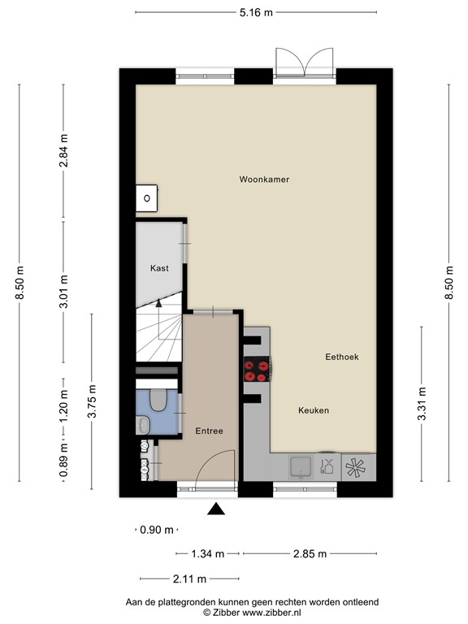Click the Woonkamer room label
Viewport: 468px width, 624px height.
[x=264, y=179]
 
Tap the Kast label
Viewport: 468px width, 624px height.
[x=159, y=268]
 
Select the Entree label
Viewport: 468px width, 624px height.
[x=209, y=431]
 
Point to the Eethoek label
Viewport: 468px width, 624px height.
[x=341, y=357]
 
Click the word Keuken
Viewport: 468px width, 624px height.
[x=313, y=411]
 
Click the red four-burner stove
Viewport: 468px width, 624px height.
[x=257, y=370]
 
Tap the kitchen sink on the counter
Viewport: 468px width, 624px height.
[x=299, y=466]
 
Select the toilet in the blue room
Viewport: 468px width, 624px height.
[x=158, y=400]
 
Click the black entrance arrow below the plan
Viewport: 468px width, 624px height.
[x=216, y=509]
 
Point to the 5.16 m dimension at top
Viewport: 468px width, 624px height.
[x=256, y=12]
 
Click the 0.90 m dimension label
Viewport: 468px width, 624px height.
[x=157, y=530]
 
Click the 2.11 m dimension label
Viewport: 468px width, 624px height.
[x=190, y=578]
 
